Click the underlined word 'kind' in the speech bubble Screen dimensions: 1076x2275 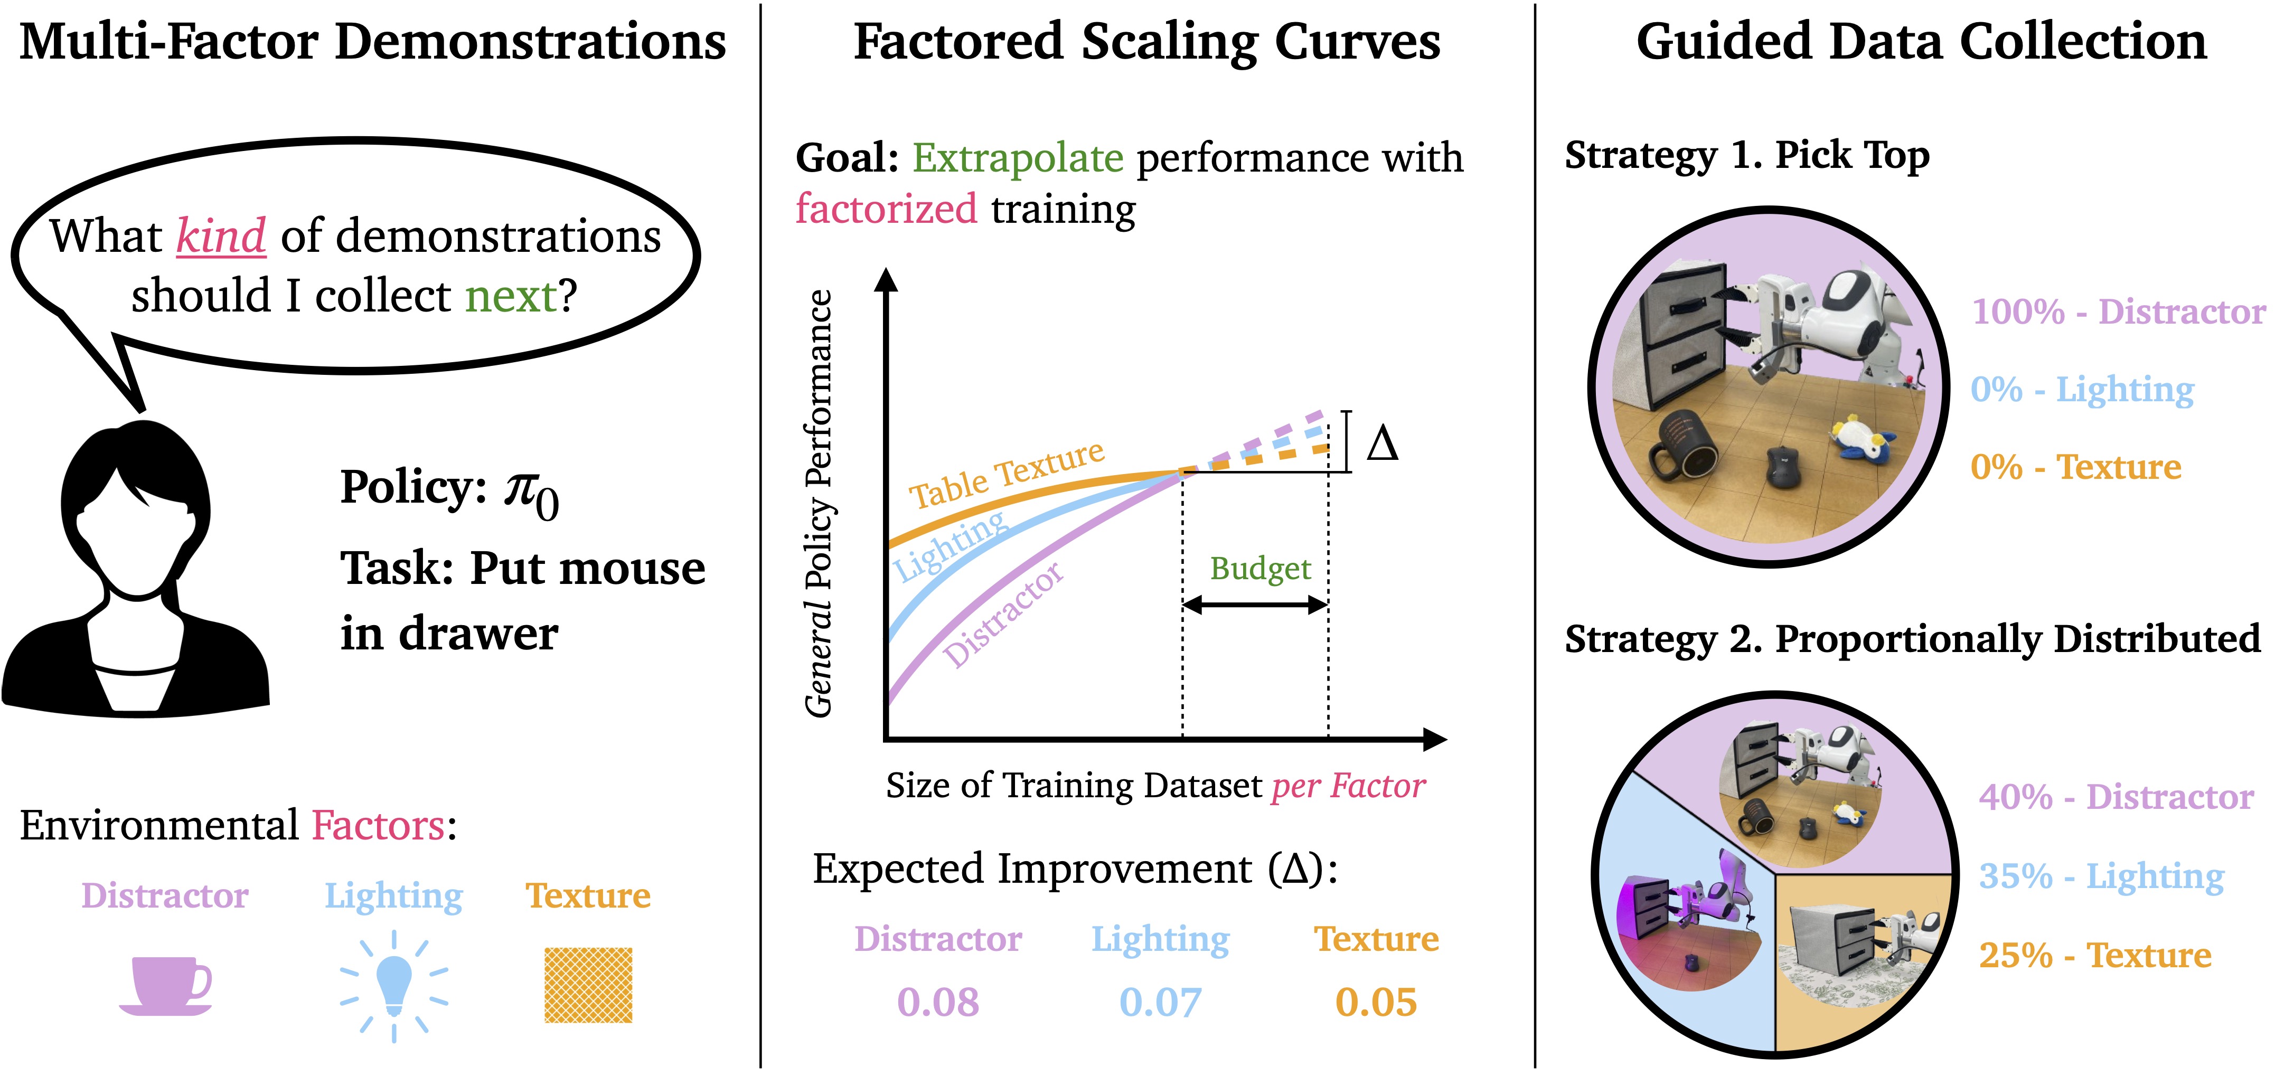(221, 237)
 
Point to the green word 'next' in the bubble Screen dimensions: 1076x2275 (511, 296)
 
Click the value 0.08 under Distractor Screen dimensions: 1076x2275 (938, 1003)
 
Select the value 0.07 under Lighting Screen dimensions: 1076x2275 (1160, 1003)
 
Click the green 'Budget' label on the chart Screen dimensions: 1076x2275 (1259, 569)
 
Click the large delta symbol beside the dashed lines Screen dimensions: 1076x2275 (1382, 443)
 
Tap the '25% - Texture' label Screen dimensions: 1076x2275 (2095, 955)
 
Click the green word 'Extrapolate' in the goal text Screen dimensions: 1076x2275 (1018, 159)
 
